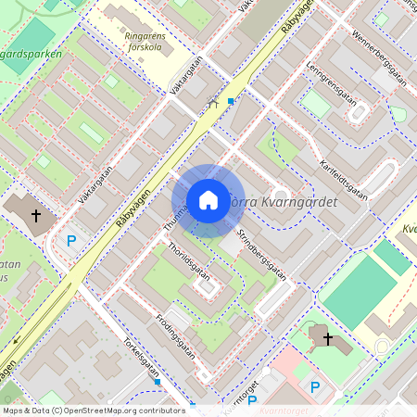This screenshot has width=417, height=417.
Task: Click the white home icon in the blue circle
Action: point(208,200)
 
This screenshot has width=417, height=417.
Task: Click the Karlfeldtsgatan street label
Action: point(343,176)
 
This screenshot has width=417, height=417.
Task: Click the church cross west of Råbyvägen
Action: point(36,215)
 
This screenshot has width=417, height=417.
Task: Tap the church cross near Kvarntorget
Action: point(327,339)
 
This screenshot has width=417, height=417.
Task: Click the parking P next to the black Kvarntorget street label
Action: point(251,400)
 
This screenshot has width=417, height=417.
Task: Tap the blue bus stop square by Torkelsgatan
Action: point(158,381)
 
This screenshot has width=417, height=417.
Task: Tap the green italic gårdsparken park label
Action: point(32,54)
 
